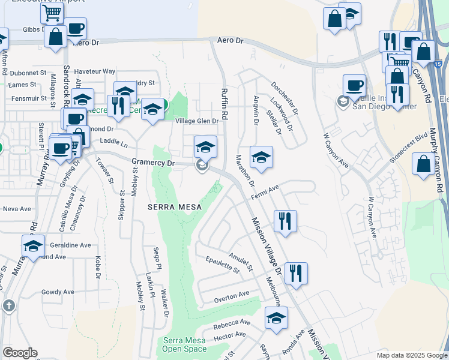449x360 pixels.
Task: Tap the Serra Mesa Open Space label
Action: [x=184, y=344]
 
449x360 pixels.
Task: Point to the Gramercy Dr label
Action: [x=153, y=163]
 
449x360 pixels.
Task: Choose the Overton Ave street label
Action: [x=232, y=295]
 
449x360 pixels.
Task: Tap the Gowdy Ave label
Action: [x=58, y=292]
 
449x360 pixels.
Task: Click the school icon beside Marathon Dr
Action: [x=261, y=158]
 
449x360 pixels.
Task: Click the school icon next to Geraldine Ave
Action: [x=33, y=247]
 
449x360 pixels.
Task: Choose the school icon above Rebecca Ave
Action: [x=276, y=319]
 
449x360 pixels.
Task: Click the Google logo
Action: [x=20, y=353]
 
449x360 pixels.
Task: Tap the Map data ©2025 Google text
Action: [x=411, y=355]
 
